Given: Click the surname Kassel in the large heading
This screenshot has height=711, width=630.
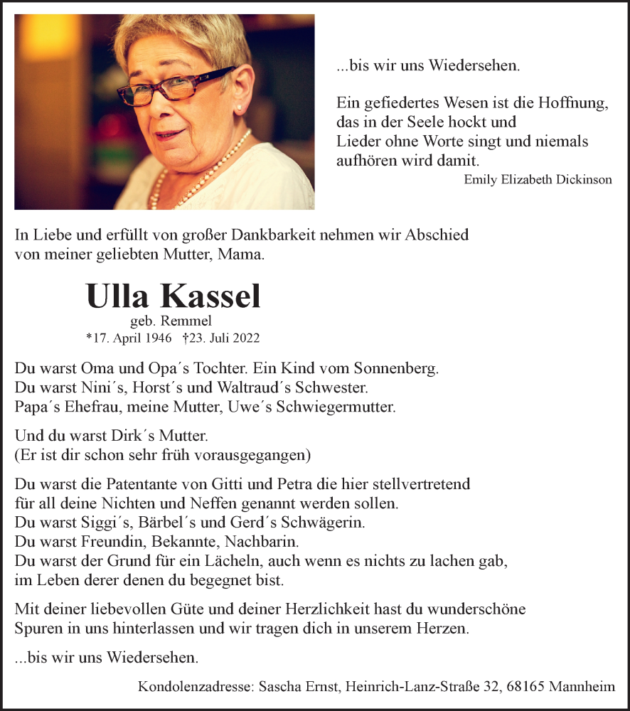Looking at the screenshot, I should [x=211, y=296].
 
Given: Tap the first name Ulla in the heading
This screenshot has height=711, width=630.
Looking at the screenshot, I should [x=119, y=296].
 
